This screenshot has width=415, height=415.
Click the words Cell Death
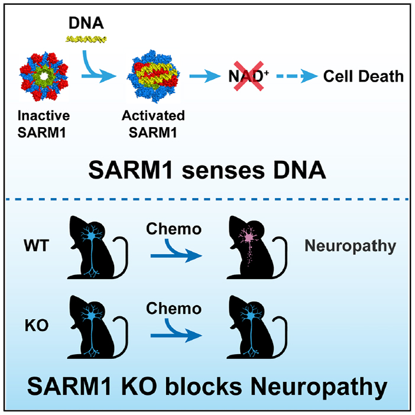click(x=364, y=76)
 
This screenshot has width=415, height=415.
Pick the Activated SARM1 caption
click(x=157, y=121)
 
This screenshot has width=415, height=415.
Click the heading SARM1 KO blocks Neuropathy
click(x=207, y=388)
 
